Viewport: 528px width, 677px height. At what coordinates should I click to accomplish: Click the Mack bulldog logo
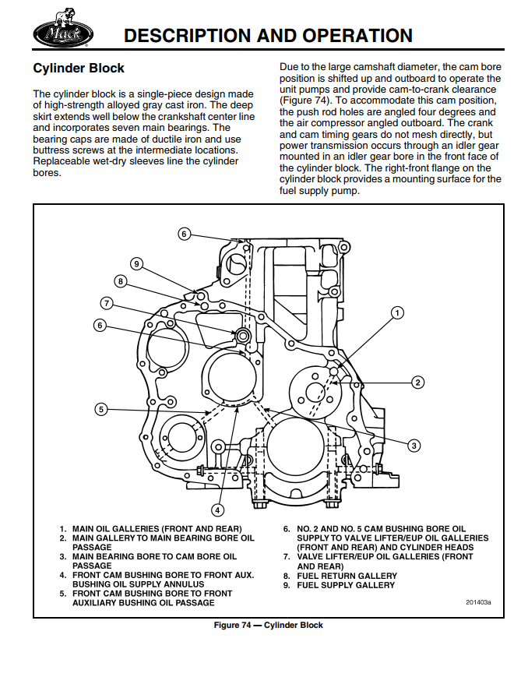(63, 32)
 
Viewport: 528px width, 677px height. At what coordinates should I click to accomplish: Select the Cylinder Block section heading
(79, 69)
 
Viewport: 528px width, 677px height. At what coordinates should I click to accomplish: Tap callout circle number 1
(397, 313)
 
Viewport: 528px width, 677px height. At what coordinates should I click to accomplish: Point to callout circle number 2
(418, 382)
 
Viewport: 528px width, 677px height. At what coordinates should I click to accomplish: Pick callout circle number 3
(414, 445)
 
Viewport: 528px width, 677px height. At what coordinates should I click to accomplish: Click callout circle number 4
(218, 510)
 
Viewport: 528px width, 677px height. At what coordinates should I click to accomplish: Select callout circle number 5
(100, 408)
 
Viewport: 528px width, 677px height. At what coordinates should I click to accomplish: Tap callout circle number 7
(107, 303)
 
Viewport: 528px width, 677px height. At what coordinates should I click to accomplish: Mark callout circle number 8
(121, 280)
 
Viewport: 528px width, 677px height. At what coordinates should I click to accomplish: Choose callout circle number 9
(136, 263)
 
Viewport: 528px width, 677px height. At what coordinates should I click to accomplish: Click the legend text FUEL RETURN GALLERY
(347, 576)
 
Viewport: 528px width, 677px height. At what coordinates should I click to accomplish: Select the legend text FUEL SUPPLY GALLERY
(346, 585)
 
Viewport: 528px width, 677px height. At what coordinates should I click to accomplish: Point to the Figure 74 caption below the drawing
(269, 626)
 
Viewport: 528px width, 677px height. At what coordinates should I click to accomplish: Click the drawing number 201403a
(479, 602)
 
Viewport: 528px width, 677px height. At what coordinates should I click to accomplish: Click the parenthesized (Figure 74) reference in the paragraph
(306, 100)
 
